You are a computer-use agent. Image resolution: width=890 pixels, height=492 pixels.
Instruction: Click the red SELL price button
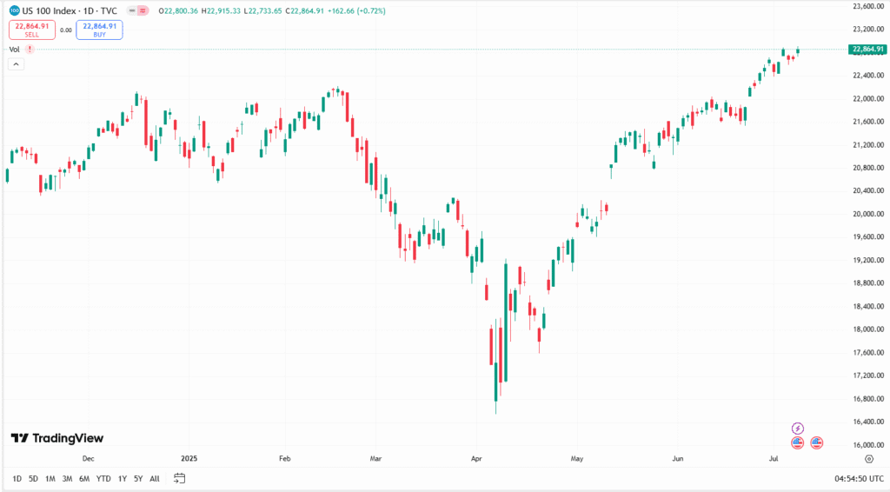[x=32, y=30]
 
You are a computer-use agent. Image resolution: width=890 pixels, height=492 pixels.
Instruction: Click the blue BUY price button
[x=99, y=30]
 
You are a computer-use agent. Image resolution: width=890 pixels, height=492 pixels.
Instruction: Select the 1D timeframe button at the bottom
[x=17, y=478]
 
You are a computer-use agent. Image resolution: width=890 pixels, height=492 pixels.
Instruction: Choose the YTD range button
[x=103, y=478]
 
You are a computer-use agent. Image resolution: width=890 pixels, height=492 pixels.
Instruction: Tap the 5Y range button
[x=138, y=478]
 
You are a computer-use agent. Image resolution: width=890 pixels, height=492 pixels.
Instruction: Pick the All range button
[x=155, y=478]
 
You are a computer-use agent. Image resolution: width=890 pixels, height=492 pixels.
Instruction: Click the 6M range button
[x=84, y=478]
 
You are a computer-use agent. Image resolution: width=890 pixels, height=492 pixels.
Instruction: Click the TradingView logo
[x=57, y=438]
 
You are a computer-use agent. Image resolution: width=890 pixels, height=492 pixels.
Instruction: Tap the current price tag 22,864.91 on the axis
[x=868, y=49]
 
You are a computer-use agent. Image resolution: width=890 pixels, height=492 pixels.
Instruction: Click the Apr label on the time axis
[x=475, y=457]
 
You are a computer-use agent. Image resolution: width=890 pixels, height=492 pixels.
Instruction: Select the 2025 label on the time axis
[x=189, y=457]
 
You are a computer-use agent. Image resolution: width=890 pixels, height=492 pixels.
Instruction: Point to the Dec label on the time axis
[x=88, y=457]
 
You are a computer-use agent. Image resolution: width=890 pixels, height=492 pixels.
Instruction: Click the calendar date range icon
[x=180, y=478]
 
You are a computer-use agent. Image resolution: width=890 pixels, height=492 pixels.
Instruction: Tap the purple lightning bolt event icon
[x=798, y=428]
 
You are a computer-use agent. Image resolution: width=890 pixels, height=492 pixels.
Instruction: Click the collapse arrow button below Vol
[x=17, y=63]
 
